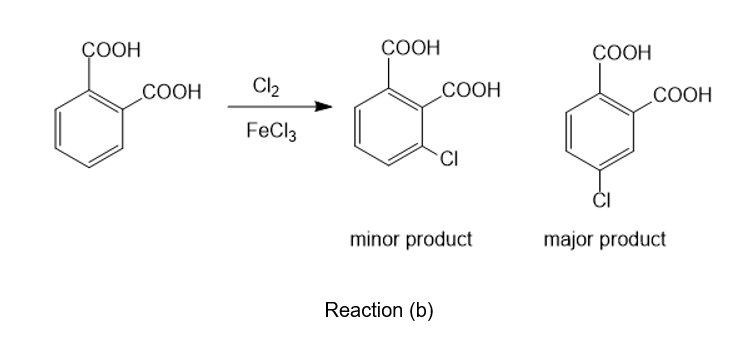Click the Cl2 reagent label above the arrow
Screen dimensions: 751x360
point(266,87)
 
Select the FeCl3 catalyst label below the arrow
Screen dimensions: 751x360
point(272,131)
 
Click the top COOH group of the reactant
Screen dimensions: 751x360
point(111,49)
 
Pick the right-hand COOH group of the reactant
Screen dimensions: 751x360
point(172,92)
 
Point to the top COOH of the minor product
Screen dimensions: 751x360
point(410,48)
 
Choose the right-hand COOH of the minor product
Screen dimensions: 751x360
point(471,90)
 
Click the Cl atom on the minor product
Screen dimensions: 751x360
point(449,158)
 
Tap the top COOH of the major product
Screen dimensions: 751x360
point(622,52)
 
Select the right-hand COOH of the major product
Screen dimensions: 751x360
point(683,94)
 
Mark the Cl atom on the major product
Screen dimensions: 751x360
point(602,200)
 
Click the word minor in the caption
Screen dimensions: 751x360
point(375,239)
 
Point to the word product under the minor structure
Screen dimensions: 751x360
point(439,240)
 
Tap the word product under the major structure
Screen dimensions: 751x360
point(633,240)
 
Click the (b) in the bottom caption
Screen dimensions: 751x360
point(421,311)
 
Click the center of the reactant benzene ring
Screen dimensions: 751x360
point(89,129)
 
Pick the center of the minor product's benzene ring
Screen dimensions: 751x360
point(388,127)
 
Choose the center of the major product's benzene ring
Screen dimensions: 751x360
point(600,132)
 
